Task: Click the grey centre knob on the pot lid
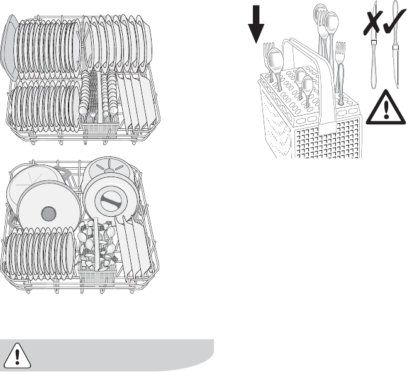(x=45, y=213)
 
